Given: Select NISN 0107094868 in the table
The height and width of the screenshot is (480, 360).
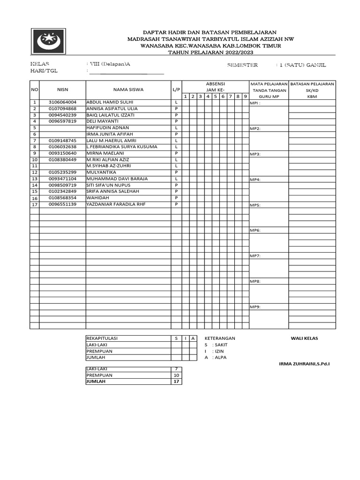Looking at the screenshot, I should pos(62,108).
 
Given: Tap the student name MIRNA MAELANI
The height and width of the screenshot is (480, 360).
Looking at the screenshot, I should pos(102,153).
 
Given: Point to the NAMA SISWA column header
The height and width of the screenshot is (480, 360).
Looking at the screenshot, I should pos(128,89).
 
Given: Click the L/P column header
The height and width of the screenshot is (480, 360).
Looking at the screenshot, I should pos(176,89).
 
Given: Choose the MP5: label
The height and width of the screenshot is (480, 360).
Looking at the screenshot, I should pos(255,205).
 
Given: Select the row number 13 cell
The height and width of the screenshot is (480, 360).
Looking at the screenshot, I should pos(34,179).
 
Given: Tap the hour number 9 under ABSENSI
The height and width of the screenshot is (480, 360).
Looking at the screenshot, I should pos(245,96).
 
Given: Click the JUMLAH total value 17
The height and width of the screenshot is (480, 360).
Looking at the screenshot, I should pos(176,382).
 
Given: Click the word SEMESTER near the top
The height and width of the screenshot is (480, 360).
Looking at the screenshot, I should pos(242,65).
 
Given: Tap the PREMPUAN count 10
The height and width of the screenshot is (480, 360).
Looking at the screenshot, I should pos(176,375).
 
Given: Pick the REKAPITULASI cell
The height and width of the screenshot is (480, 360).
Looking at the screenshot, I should pos(103,338).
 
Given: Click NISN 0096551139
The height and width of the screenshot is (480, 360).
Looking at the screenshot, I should pos(62,204).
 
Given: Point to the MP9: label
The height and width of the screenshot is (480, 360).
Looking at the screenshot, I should pos(255,307).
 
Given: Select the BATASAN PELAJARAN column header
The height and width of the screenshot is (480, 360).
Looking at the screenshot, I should pos(312,83).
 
